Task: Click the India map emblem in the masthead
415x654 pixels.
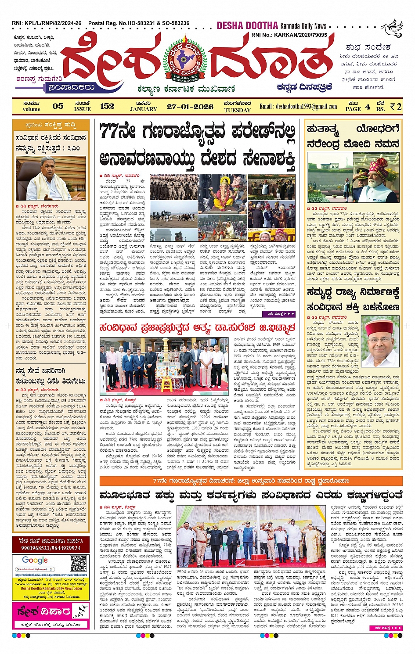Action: tap(185, 60)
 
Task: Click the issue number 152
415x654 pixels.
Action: tap(107, 106)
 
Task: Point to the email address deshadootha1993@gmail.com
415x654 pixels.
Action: tap(298, 106)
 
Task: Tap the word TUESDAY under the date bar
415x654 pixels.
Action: tap(237, 110)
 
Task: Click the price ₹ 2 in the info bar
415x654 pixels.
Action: tap(396, 106)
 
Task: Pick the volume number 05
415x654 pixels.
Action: tap(58, 106)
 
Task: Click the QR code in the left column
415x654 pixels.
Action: tap(78, 563)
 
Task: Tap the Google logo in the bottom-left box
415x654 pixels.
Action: tap(35, 560)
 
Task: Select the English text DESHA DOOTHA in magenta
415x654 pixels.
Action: tap(247, 25)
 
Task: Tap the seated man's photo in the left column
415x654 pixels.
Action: tap(51, 179)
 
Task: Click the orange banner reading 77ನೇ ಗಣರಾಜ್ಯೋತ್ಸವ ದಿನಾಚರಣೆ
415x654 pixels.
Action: tap(251, 481)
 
